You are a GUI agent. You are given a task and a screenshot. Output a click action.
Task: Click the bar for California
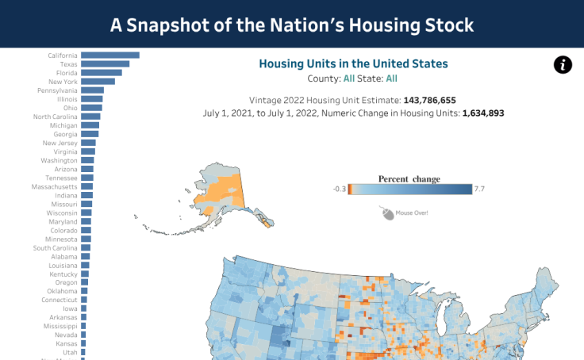[x=110, y=55]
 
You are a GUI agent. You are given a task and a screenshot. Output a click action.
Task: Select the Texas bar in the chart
[x=105, y=64]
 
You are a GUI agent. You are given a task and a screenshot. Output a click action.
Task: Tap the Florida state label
[x=67, y=73]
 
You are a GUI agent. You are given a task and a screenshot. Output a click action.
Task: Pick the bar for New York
[x=98, y=82]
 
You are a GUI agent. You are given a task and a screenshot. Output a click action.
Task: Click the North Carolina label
[x=56, y=117]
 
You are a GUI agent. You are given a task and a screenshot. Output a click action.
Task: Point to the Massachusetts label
[x=55, y=186]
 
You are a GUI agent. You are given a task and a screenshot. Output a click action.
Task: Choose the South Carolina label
[x=56, y=247]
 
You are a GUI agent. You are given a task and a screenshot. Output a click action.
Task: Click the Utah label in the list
[x=70, y=351]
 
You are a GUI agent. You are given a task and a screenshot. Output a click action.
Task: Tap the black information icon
[x=563, y=65]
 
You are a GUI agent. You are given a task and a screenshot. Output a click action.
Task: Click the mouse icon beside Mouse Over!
[x=387, y=213]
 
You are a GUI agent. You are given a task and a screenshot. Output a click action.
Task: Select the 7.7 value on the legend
[x=479, y=189]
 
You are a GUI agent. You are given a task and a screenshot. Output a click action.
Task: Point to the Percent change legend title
[x=409, y=178]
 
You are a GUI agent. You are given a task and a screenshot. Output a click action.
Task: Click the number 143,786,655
[x=429, y=101]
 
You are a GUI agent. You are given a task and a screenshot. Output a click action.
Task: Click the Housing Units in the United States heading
[x=353, y=63]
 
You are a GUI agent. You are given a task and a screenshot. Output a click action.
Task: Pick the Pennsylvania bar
[x=92, y=90]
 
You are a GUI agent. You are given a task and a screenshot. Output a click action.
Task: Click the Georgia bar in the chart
[x=90, y=134]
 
